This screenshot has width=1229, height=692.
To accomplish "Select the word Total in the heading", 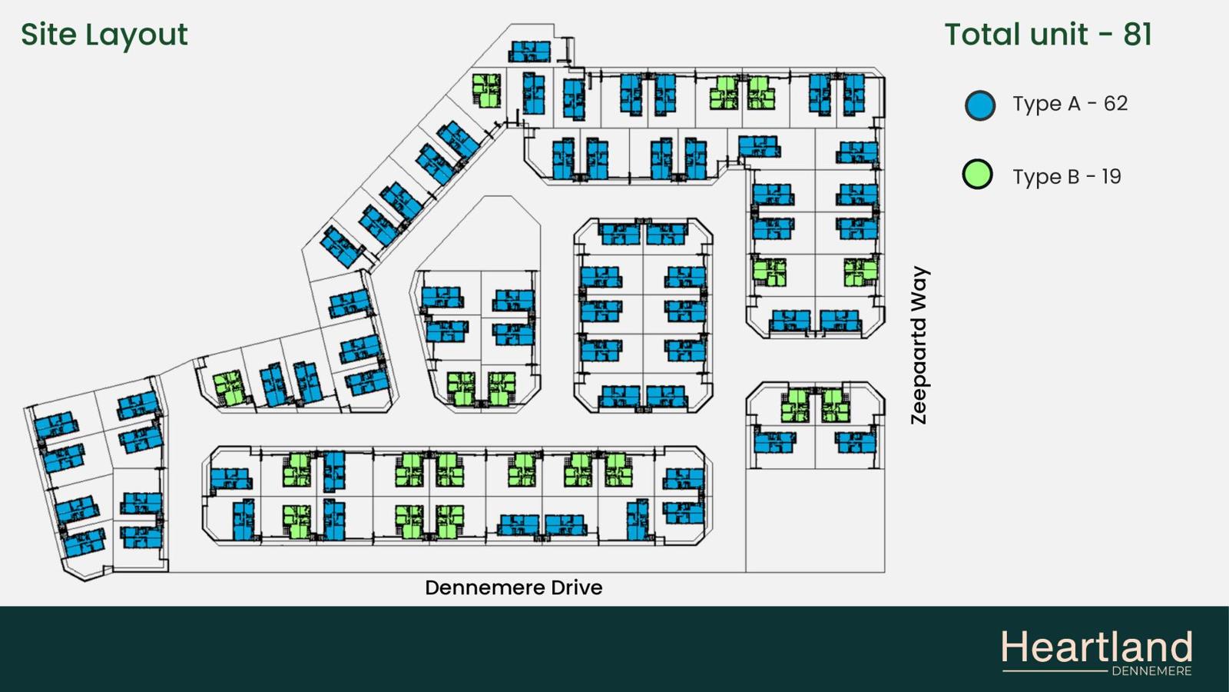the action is coord(982,34).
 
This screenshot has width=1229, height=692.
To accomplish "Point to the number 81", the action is coord(1138,34).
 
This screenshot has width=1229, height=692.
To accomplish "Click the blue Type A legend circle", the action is coord(980,105).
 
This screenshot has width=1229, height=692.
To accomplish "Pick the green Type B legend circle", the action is coord(978,174).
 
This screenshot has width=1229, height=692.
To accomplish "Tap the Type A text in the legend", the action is coord(1045,105).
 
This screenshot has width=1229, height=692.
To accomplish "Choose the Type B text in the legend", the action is coord(1045,177).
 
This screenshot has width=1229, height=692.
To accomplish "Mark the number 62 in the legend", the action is coord(1115,103).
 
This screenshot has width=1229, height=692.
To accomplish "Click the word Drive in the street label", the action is coord(577,587).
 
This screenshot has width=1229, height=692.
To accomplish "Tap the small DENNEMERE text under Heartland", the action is coord(1151,671).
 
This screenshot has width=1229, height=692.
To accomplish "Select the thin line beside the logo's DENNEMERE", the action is coord(1055,671).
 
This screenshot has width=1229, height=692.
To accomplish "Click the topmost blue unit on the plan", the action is coord(529,52).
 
